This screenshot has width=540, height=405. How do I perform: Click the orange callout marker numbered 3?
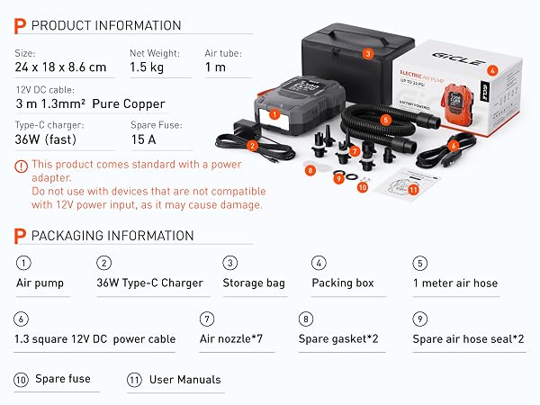pos(368,54)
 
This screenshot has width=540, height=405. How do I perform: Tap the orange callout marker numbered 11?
pos(413,190)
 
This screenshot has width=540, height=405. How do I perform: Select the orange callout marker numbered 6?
pos(454,146)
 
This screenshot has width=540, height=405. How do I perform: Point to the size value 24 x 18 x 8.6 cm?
pos(60,67)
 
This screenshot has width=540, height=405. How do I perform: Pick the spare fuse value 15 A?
pos(144,139)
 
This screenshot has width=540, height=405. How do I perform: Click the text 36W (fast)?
pos(46,139)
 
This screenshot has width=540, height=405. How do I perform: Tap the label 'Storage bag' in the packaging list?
pos(254,283)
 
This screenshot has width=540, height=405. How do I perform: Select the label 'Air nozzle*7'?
pos(231,339)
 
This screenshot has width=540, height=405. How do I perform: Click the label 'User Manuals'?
pos(184,380)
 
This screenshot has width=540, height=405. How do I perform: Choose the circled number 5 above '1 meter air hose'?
pos(419,264)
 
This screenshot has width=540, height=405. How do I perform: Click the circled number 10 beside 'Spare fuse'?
pos(21,380)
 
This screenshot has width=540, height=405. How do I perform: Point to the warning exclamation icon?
pos(21,166)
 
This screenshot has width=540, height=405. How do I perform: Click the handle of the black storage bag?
pos(354,37)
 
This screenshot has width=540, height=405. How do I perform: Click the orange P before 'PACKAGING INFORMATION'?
pos(20,236)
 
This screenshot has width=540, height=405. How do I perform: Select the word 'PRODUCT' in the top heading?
pos(61,25)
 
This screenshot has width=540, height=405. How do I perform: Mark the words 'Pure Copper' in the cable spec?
pos(129,104)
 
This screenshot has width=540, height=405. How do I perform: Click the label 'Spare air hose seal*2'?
pos(468,339)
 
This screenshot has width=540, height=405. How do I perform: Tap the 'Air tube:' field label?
pos(223,53)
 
